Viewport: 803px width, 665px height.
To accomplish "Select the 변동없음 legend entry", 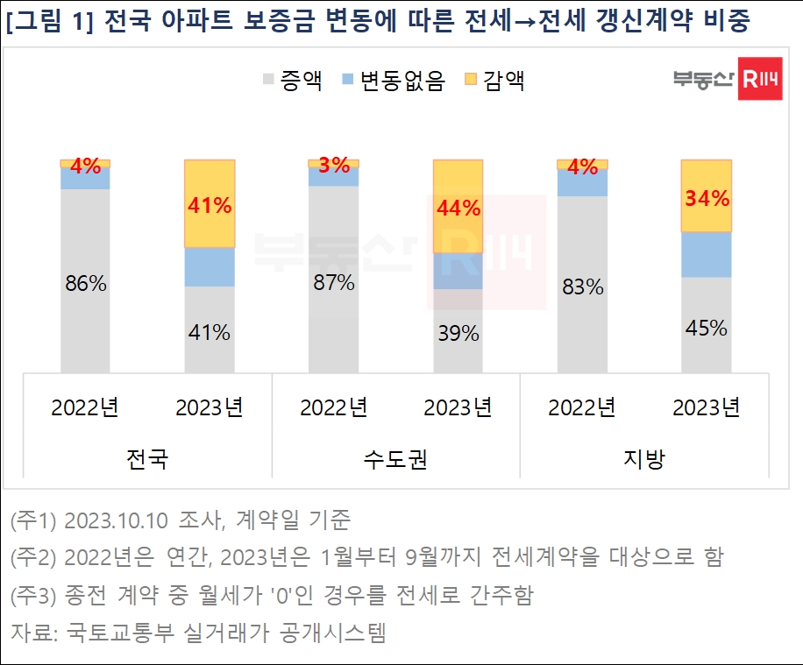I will click(x=393, y=81).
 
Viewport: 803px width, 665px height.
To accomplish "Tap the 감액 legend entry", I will click(x=494, y=81).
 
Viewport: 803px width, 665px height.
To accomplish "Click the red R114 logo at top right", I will click(x=760, y=80).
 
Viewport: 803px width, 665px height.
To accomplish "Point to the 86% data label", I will click(x=86, y=284).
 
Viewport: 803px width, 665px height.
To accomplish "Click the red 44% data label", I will click(x=458, y=209).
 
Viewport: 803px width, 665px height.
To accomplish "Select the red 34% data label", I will click(x=707, y=198).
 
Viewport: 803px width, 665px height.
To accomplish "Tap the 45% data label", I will click(x=707, y=328).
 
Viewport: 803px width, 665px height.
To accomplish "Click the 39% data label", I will click(x=458, y=333).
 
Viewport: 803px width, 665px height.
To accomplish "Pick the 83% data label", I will click(x=582, y=287).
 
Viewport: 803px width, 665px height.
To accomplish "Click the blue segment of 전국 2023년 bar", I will click(x=210, y=267).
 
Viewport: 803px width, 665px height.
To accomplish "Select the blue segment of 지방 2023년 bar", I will click(x=707, y=255).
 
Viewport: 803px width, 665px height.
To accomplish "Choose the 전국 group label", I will click(x=147, y=459).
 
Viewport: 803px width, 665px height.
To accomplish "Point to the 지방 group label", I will click(x=644, y=459).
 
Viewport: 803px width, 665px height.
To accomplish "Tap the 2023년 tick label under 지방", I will click(x=707, y=407).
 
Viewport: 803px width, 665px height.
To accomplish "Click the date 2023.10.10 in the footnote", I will click(x=116, y=520).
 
